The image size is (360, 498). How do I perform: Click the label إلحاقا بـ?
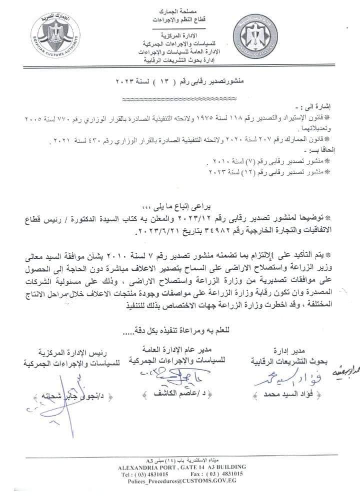coord(329,150)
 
